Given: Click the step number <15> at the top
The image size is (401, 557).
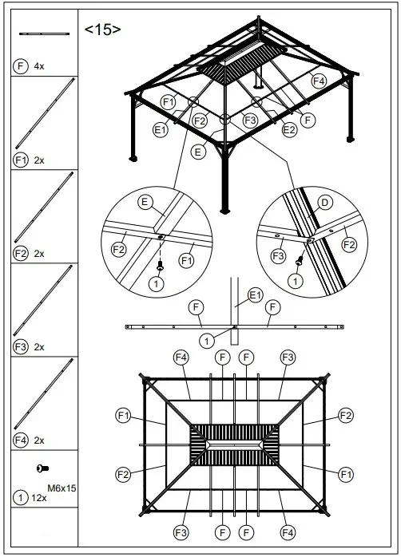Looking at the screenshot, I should (x=103, y=30).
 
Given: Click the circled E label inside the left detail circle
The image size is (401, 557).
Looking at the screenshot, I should (x=146, y=201).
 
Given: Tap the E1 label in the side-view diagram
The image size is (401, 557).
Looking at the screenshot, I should (x=255, y=294).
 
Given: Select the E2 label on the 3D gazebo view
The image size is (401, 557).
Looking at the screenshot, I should (x=289, y=128).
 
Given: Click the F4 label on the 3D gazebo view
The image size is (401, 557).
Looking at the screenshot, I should (x=318, y=81).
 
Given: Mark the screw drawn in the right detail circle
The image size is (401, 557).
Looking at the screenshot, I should (x=300, y=260).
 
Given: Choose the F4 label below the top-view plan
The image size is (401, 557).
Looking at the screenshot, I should (x=285, y=531).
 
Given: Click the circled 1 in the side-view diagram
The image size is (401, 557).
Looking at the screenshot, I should (x=206, y=341).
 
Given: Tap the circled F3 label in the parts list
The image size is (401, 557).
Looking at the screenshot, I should (x=21, y=346).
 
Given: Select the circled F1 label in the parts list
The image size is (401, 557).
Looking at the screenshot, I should (x=21, y=160).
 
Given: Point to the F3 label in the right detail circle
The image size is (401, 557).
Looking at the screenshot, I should (x=277, y=255).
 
